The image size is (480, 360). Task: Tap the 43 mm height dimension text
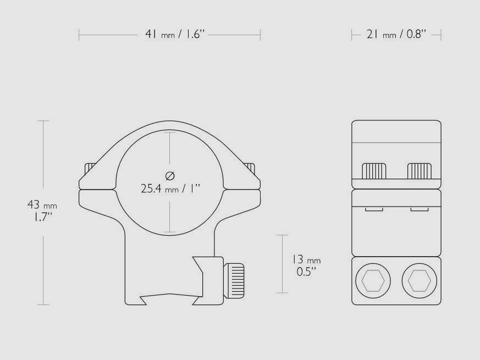coord(42,206)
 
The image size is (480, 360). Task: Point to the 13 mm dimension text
coord(306,259)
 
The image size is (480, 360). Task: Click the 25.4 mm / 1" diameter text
coord(170,189)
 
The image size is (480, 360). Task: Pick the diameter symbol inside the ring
coord(170,176)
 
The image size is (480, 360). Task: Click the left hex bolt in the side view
coord(374,281)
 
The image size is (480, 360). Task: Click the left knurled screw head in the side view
coord(374,171)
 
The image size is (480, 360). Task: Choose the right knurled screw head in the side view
coord(419,171)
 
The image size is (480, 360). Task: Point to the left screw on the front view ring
coord(89,167)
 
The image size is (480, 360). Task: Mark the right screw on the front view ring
coord(251,167)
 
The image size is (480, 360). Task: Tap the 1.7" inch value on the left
coord(41,217)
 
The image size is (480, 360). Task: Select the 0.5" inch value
coord(306,271)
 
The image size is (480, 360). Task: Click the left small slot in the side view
coord(374,209)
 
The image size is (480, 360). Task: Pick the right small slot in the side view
coord(419,209)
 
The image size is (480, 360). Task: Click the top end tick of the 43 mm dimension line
coord(43,120)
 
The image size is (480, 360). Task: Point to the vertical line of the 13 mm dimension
coord(283,264)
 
